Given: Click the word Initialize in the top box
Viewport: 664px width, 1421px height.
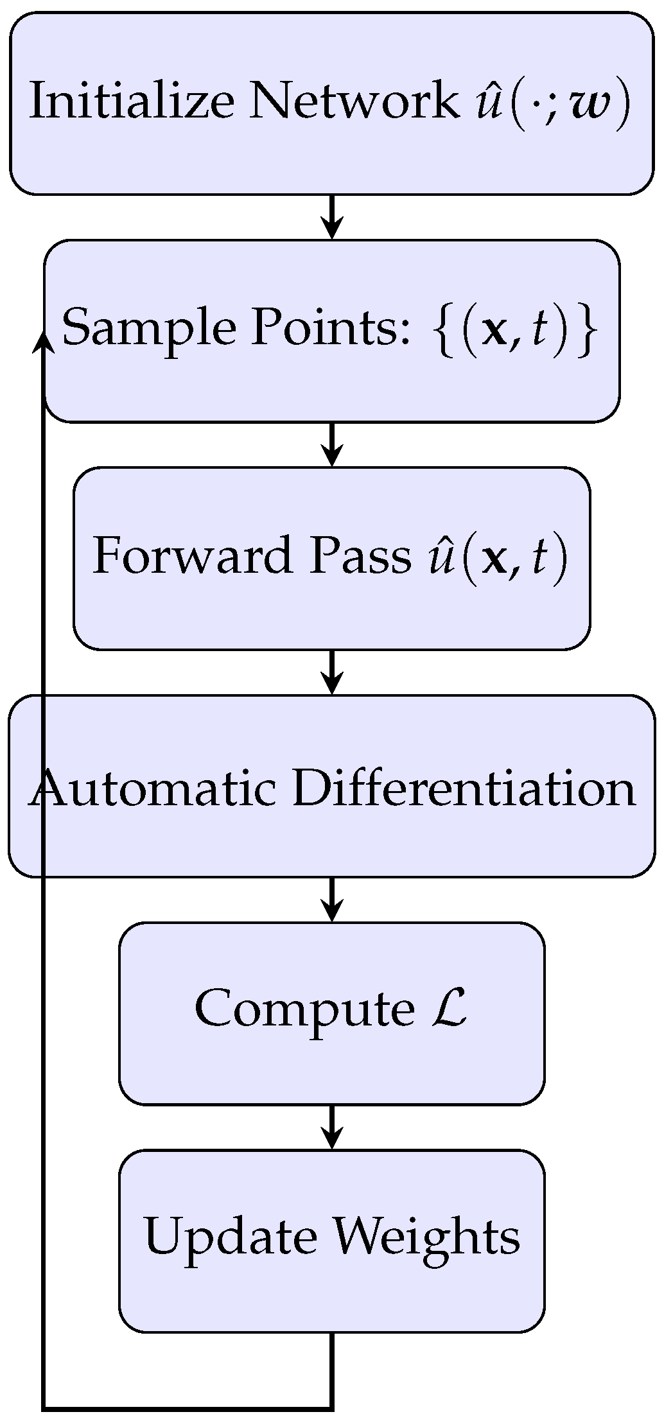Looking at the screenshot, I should click(132, 101).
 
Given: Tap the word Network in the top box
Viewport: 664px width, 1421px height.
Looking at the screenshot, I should click(354, 101).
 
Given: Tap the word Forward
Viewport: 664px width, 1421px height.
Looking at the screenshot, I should click(192, 555).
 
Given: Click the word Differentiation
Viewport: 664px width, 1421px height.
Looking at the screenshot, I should click(463, 787).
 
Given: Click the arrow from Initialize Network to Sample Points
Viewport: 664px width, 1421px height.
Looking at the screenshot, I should click(331, 217).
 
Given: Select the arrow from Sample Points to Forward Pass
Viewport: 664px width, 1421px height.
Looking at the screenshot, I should click(331, 444).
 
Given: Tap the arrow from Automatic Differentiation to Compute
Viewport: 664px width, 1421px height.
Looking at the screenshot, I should click(331, 899).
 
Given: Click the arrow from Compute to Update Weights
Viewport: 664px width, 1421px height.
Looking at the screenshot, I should click(331, 1127).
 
